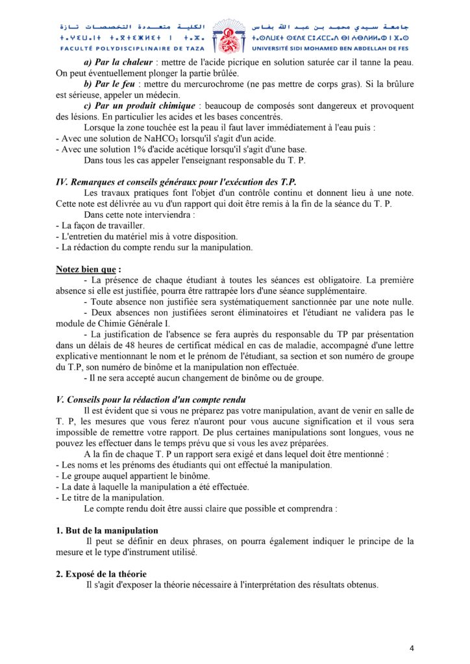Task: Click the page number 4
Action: pos(412,648)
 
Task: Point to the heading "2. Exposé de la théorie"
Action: pos(101,574)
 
